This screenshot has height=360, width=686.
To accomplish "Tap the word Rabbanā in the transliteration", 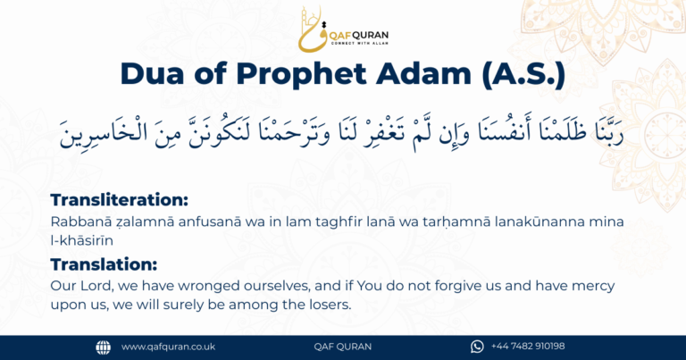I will tap(77, 221).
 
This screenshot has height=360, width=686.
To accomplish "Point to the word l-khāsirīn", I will tap(87, 239).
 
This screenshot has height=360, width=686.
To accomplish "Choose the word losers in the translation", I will tap(325, 305).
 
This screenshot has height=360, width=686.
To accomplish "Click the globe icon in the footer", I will tap(103, 347).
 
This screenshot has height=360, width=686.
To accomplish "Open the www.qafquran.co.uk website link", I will tap(168, 347).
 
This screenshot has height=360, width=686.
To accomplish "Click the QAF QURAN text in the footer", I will tap(342, 347).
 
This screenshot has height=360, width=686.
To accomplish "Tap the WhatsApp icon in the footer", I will tap(477, 347).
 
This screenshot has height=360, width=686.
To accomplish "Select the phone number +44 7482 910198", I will tap(528, 347).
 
